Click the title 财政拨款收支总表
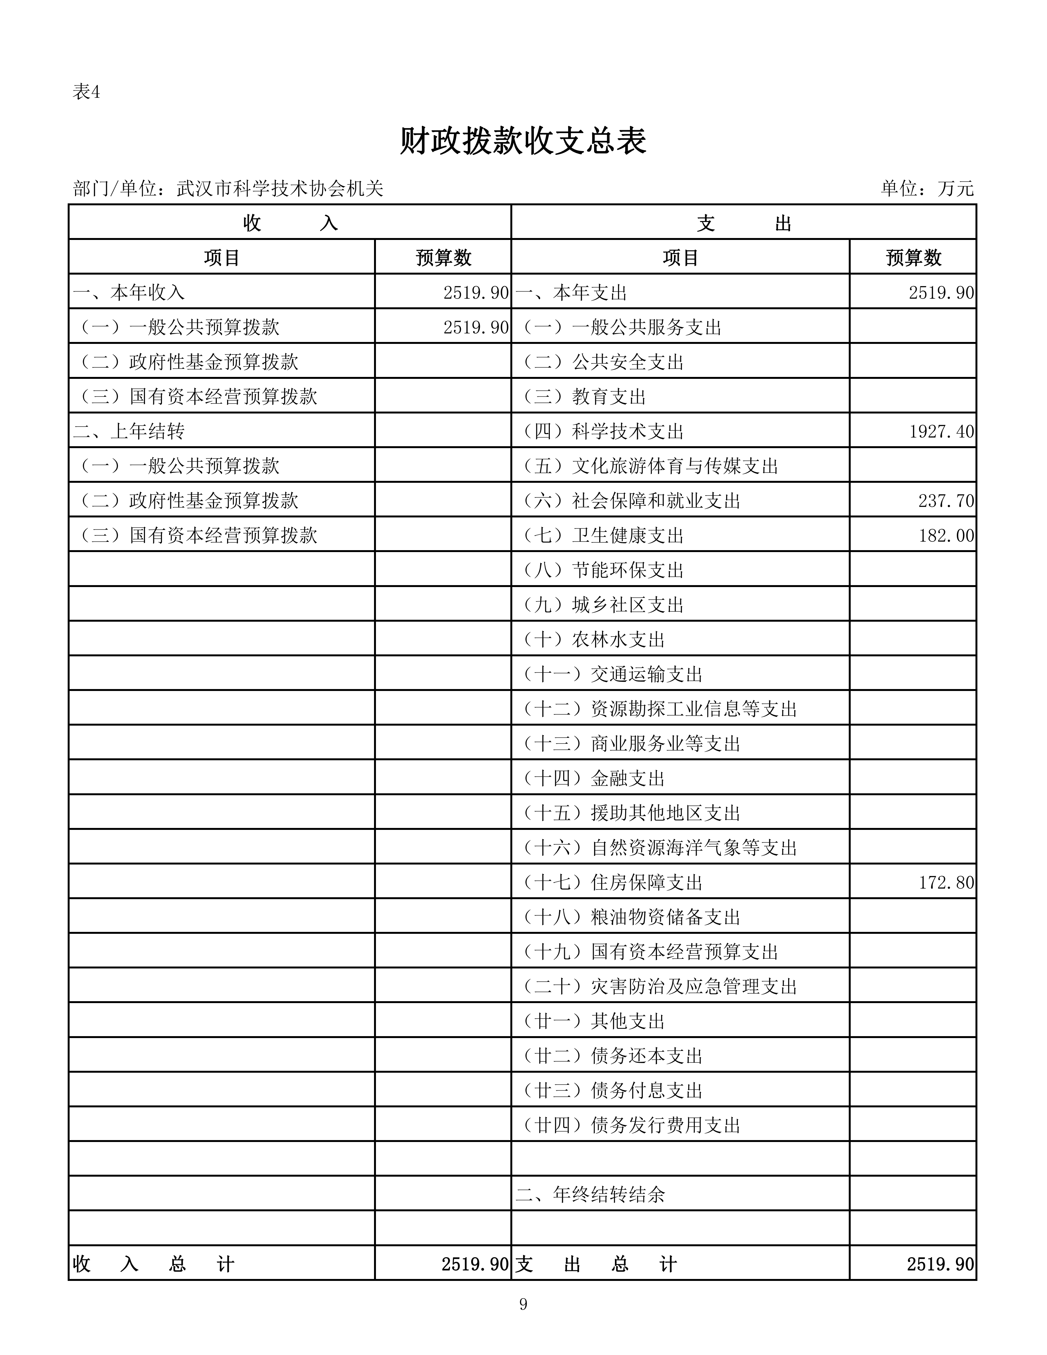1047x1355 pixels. (x=523, y=141)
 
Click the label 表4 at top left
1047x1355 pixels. (x=86, y=92)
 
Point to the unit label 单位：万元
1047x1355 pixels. (x=927, y=188)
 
